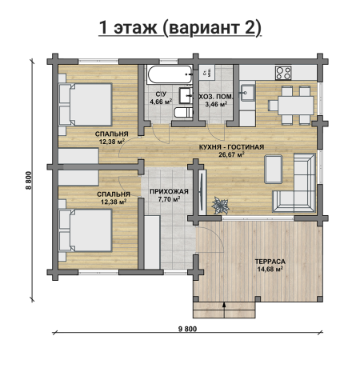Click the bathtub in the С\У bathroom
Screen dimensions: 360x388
[170, 74]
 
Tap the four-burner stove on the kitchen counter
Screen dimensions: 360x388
[283, 73]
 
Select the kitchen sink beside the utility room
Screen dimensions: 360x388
[248, 93]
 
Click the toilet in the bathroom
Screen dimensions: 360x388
[183, 113]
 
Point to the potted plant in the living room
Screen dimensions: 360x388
[220, 206]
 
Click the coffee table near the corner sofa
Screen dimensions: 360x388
[274, 169]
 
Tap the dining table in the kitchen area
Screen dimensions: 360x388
[296, 106]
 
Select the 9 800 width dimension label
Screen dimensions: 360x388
[187, 329]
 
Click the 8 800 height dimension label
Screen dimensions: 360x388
[29, 180]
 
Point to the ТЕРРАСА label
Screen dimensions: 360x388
[270, 262]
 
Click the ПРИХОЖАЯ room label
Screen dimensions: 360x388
[169, 191]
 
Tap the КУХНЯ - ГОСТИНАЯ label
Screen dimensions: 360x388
[231, 147]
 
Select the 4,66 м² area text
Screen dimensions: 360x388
[161, 102]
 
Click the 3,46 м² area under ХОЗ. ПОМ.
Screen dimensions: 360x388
[216, 104]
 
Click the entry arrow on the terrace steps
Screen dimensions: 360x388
[224, 310]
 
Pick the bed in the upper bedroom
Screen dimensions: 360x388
[85, 104]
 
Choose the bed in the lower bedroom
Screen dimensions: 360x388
[85, 230]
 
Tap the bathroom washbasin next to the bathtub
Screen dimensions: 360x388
[186, 95]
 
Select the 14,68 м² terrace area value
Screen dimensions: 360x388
[270, 269]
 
